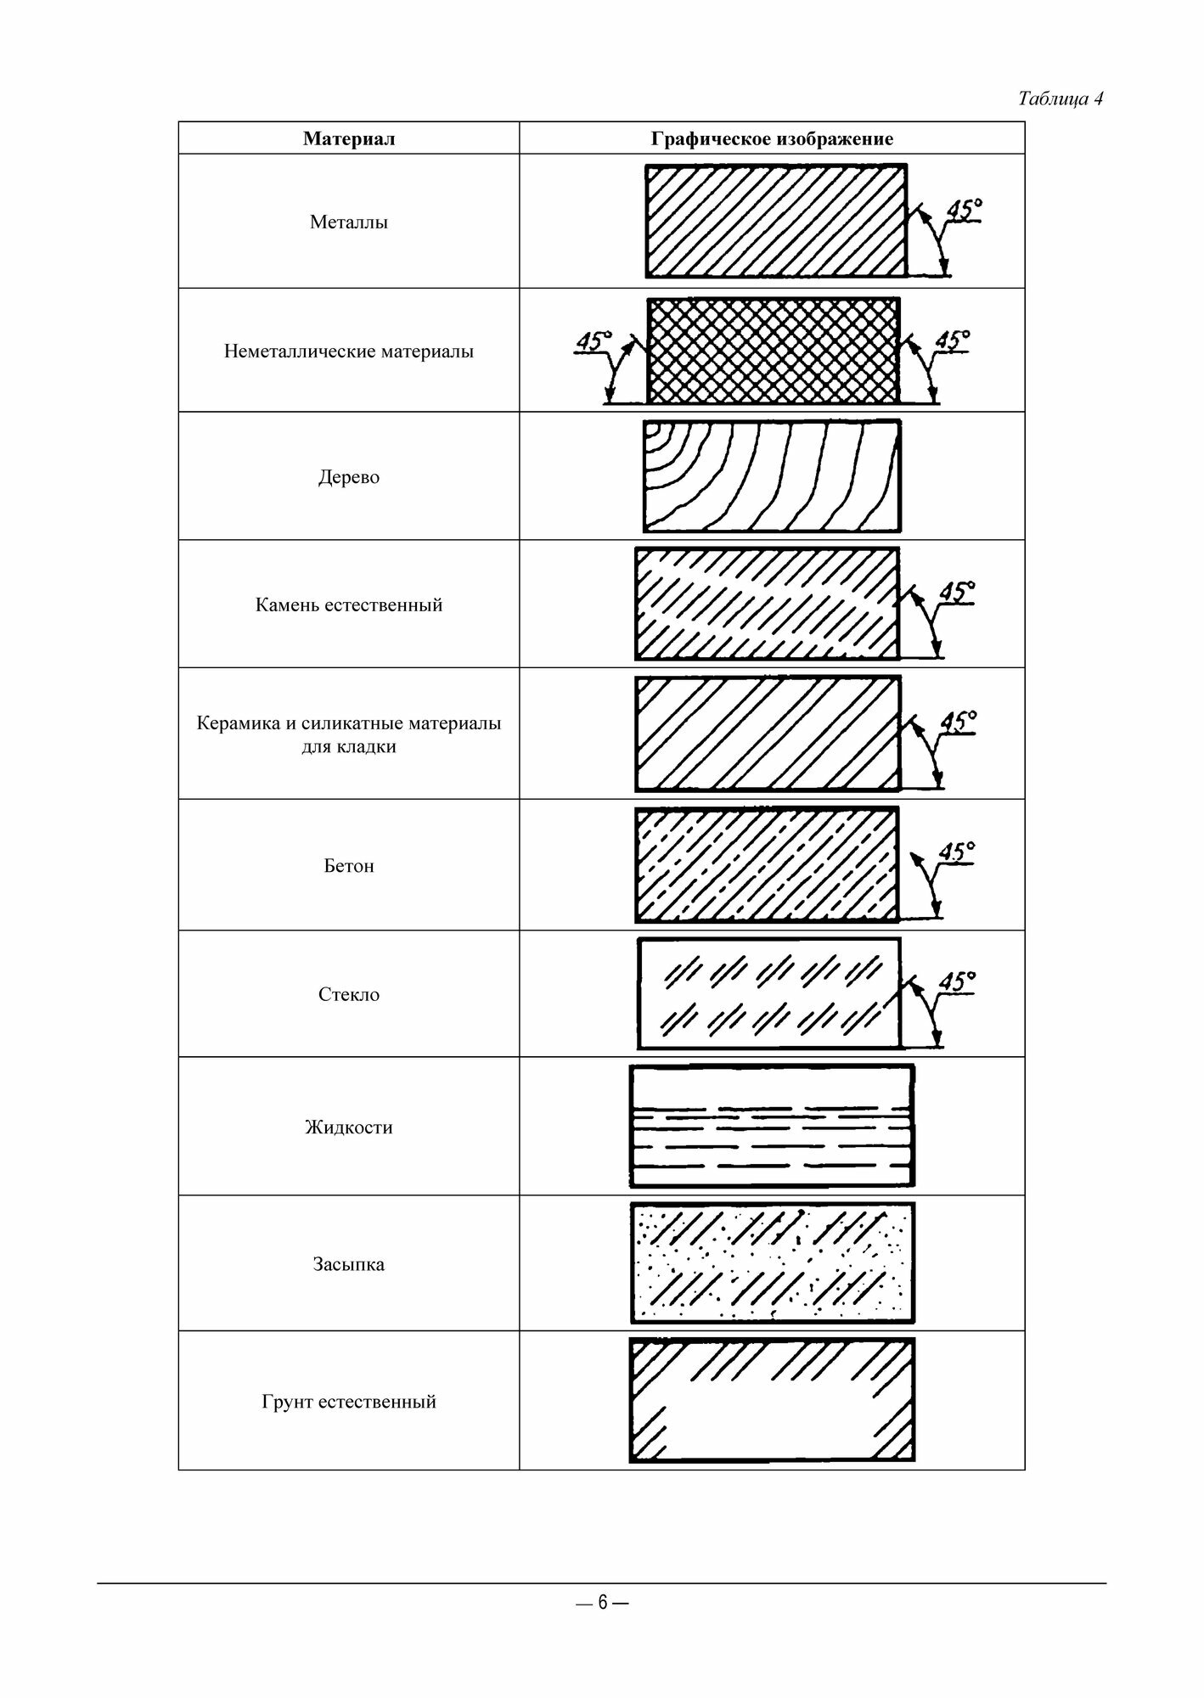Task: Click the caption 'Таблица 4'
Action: [x=1060, y=99]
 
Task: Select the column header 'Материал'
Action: [x=349, y=138]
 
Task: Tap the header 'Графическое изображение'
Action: [x=772, y=138]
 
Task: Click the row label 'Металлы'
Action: [x=349, y=222]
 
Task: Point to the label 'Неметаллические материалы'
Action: [x=349, y=351]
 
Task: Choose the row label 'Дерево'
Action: [x=349, y=477]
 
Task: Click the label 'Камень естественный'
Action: [x=349, y=605]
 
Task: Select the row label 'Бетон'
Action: [x=349, y=866]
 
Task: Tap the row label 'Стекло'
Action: [x=349, y=994]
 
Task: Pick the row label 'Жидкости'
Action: [x=349, y=1127]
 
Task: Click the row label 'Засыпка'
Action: [x=349, y=1264]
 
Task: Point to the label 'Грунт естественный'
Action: [x=349, y=1402]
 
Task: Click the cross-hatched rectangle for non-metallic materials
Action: [x=773, y=351]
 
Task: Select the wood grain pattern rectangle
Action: [x=772, y=476]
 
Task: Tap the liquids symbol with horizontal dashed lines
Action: [x=772, y=1126]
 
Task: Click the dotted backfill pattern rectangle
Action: [x=772, y=1262]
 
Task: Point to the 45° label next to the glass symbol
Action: [x=958, y=981]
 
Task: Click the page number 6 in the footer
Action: [x=602, y=1602]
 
